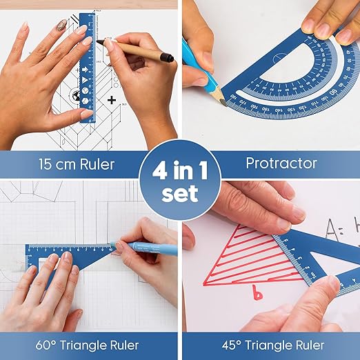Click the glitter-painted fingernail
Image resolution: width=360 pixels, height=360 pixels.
tap(61, 26)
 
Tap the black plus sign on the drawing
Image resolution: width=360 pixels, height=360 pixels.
tap(111, 100)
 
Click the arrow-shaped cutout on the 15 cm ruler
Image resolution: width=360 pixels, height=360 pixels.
tap(85, 69)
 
